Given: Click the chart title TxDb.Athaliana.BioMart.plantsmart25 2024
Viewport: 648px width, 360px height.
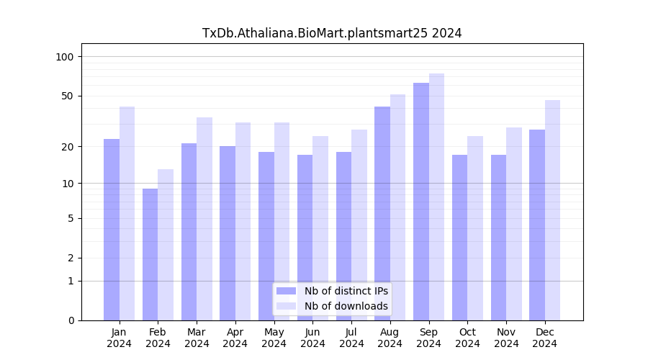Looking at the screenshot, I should point(332,33).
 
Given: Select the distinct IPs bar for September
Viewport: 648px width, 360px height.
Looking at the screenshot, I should point(421,202).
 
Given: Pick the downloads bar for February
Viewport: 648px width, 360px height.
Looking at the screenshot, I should point(166,245).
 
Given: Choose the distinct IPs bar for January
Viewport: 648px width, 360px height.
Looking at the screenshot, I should point(112,230).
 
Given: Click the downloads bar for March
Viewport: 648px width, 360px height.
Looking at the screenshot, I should point(204,219).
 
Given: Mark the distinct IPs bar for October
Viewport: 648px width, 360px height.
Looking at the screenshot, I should point(459,238).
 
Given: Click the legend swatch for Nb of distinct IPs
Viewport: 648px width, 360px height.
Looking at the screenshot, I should point(286,291).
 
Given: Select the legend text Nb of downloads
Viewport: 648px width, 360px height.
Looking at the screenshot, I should point(346,306).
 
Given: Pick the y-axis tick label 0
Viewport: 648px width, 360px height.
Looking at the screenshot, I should point(71,320).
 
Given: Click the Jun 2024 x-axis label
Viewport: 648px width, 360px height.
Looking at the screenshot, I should point(312,338).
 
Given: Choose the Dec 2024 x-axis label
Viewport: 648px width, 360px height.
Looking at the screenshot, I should point(545,338).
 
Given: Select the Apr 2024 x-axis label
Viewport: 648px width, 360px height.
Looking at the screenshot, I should point(235,338).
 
